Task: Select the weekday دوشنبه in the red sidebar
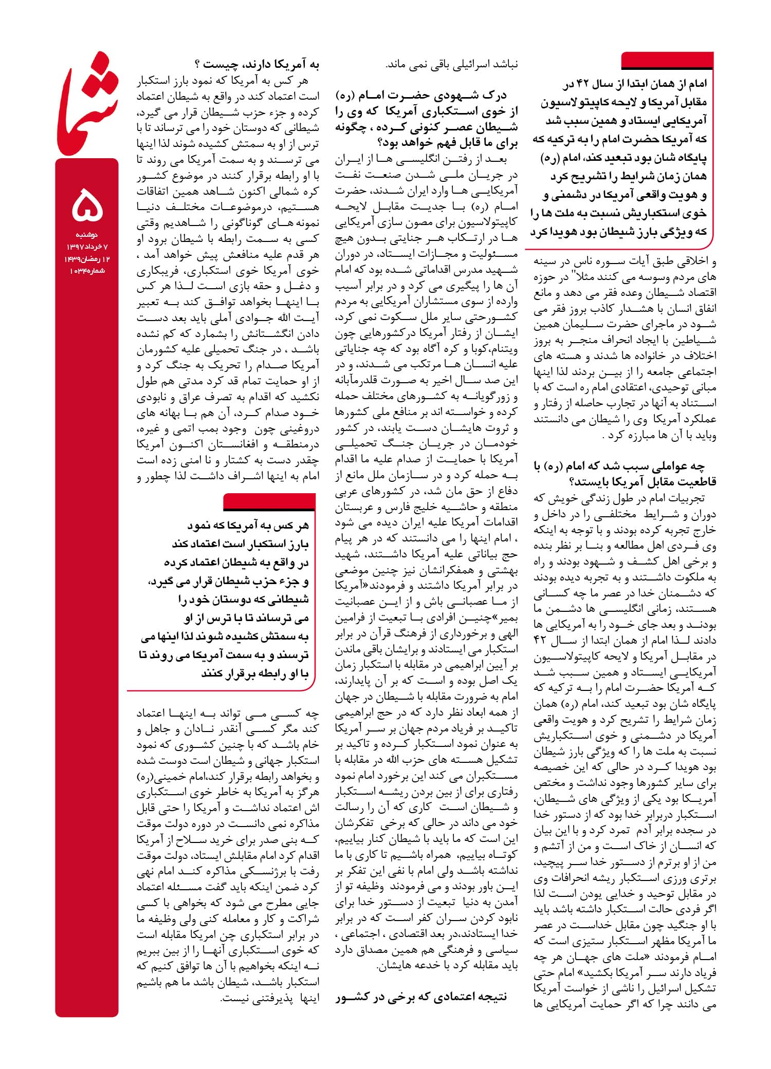click(87, 235)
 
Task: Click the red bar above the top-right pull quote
click(667, 61)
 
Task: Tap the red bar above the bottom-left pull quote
click(270, 501)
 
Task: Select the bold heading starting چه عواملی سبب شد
click(625, 474)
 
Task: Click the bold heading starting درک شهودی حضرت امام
click(426, 119)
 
